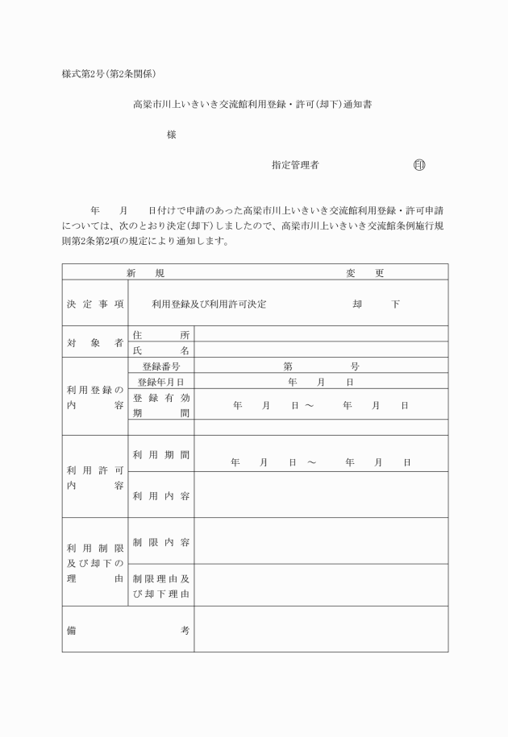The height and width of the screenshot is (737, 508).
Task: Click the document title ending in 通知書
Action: click(252, 105)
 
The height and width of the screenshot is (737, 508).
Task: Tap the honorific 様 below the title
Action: click(171, 135)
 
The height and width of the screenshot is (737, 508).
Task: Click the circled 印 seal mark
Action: click(418, 165)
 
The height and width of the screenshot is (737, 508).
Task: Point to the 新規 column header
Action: click(145, 273)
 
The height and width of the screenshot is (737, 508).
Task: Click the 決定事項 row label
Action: click(95, 304)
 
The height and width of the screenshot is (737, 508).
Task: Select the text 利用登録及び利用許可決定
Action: click(209, 304)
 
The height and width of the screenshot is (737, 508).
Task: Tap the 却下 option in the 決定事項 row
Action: click(375, 304)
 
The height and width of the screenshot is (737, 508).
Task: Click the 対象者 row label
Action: click(95, 342)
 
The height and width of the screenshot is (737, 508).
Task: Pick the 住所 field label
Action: click(161, 334)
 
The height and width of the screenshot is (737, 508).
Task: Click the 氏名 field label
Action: click(161, 350)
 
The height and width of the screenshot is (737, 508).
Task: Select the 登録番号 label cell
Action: click(161, 366)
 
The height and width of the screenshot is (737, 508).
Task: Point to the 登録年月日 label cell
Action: click(161, 381)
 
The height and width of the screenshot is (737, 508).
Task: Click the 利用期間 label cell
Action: click(161, 455)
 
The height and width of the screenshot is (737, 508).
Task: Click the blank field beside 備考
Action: click(321, 630)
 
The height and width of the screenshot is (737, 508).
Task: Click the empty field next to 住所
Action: click(321, 334)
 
